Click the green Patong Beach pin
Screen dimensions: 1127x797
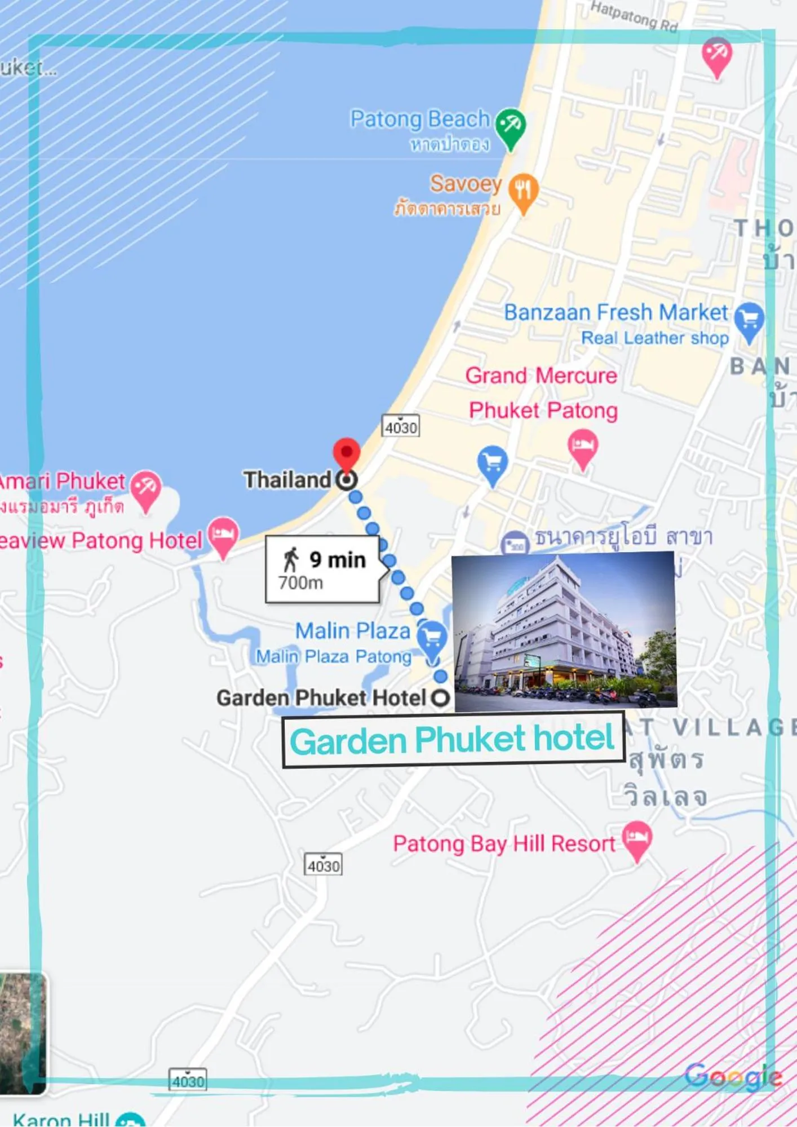click(511, 126)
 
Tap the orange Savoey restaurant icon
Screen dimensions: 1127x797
click(524, 191)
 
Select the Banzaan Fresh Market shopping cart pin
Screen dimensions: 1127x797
click(750, 320)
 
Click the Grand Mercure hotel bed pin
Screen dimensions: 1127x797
click(583, 446)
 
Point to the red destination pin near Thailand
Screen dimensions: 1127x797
click(347, 452)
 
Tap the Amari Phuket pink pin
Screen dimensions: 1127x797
click(146, 488)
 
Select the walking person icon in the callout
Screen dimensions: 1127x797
click(291, 559)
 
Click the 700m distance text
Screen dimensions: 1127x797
click(301, 583)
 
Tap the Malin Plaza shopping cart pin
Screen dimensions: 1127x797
click(432, 638)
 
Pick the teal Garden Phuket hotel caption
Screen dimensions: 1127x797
click(452, 739)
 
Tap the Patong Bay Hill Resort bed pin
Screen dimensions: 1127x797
click(637, 838)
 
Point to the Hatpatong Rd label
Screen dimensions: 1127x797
click(634, 16)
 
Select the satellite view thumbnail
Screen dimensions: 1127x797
click(23, 1033)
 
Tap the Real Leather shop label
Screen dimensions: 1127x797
click(655, 338)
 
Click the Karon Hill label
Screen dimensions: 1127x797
click(61, 1120)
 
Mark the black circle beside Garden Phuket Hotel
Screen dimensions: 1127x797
click(440, 698)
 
